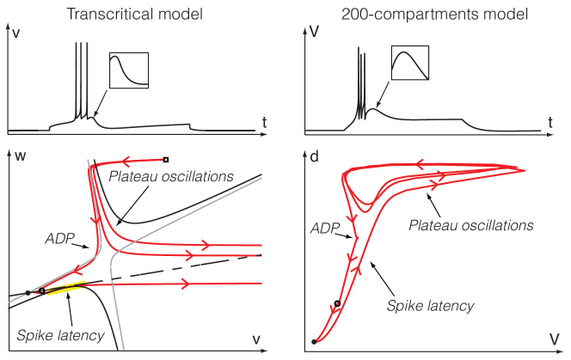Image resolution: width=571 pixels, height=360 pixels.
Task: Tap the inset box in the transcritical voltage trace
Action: [129, 70]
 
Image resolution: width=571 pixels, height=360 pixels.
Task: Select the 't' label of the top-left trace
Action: [265, 123]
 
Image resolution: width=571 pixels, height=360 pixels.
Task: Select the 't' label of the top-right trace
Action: [550, 123]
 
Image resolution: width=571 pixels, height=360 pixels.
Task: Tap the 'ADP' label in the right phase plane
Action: [324, 229]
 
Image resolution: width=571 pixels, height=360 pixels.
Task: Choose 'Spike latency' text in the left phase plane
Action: [52, 333]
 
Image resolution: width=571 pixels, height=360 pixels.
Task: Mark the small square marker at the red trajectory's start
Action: [165, 159]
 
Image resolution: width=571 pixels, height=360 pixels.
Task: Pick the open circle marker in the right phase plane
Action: [337, 303]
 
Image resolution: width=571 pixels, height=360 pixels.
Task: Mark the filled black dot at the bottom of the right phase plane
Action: [314, 342]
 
